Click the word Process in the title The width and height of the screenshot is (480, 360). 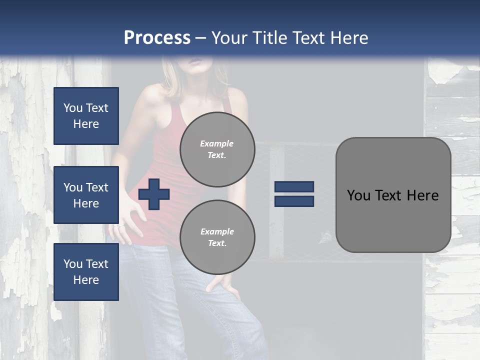tap(157, 38)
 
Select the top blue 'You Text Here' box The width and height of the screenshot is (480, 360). tap(86, 116)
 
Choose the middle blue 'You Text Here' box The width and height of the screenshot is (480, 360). tap(86, 195)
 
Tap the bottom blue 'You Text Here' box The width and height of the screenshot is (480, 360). tap(86, 272)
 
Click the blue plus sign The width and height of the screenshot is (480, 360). tap(154, 194)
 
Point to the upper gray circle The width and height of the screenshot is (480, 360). tap(217, 149)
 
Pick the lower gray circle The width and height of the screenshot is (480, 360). tap(217, 237)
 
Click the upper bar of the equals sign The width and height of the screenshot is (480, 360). tap(294, 187)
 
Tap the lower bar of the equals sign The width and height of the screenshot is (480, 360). tap(294, 201)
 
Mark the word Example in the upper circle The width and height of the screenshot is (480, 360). tap(217, 143)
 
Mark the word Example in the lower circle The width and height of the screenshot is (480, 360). tap(217, 231)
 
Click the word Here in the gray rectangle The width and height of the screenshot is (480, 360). tap(423, 195)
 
